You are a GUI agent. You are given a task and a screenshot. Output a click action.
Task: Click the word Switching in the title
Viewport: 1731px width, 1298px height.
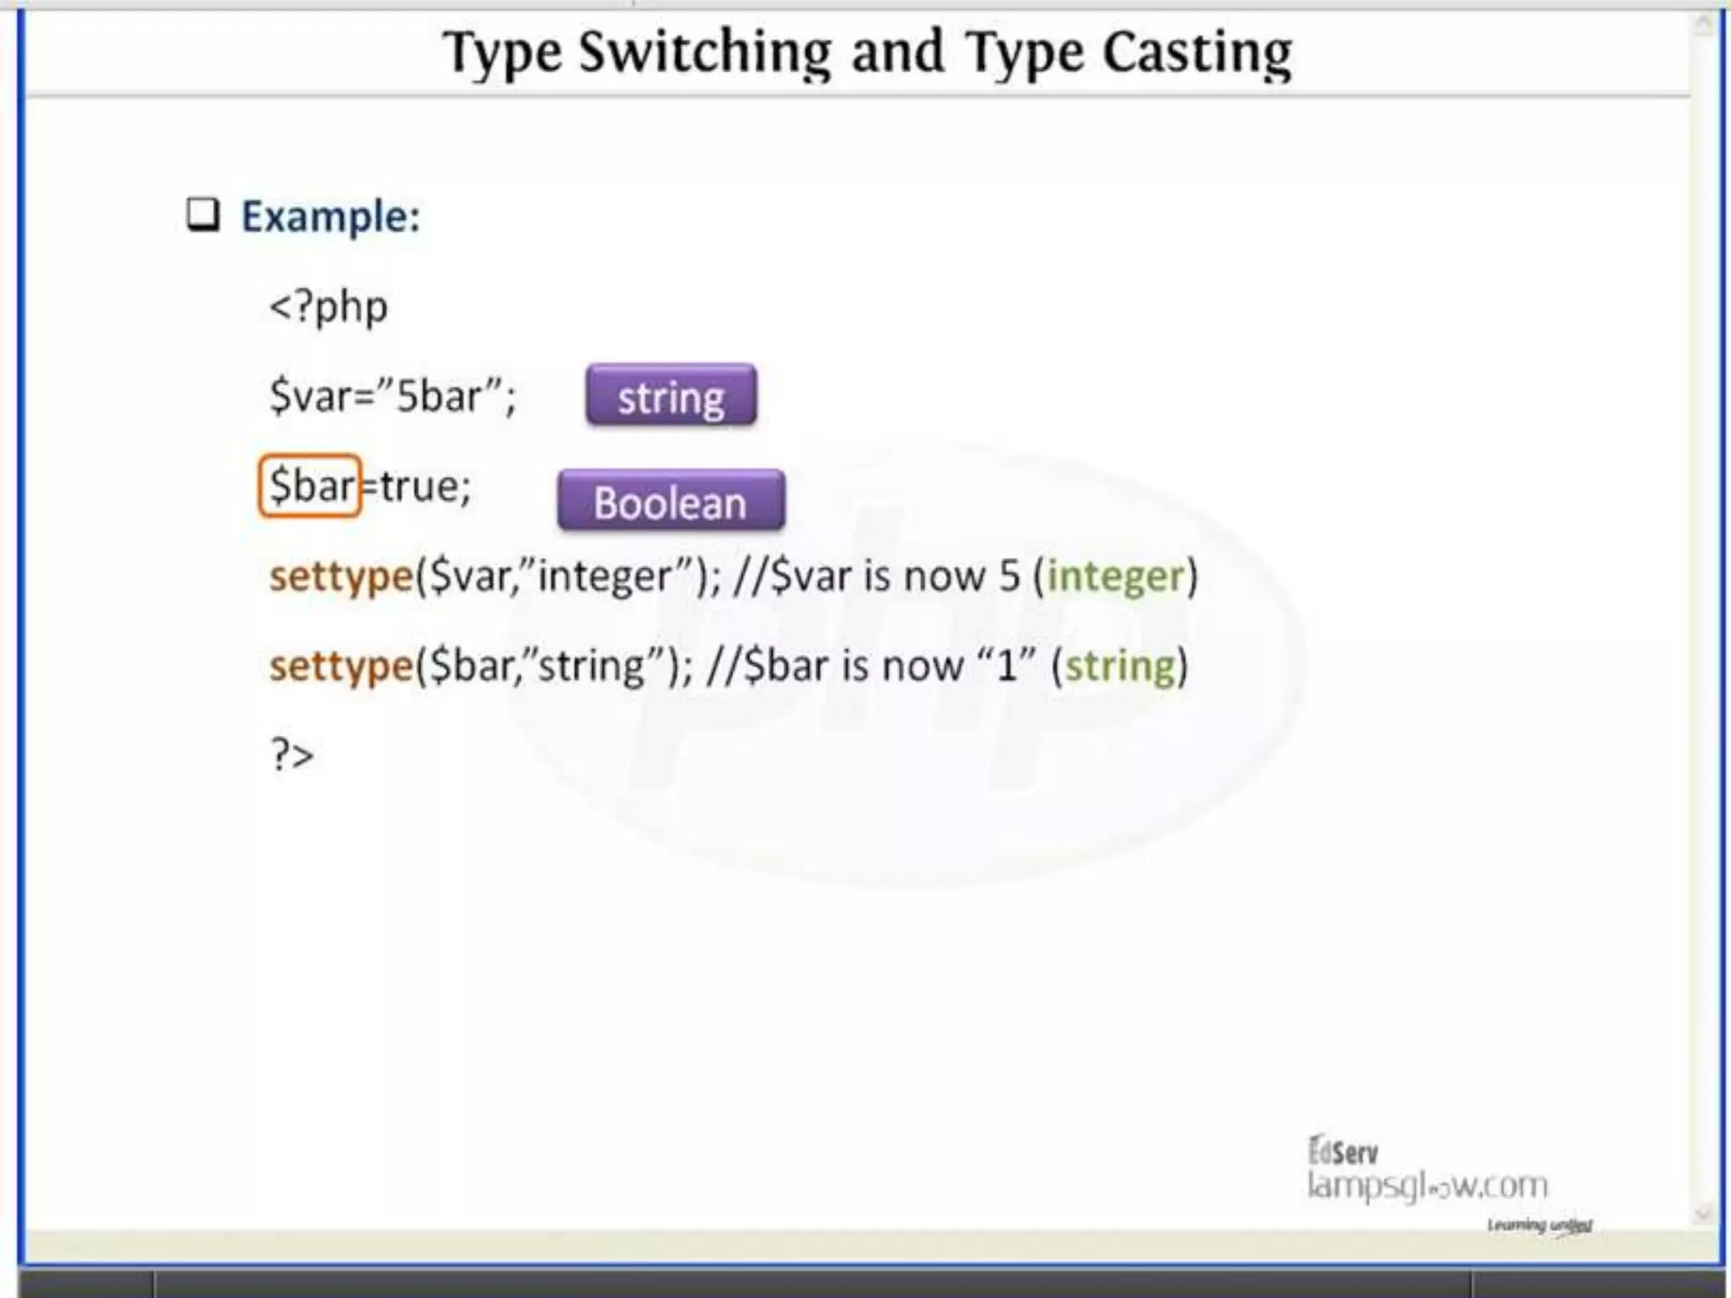click(705, 52)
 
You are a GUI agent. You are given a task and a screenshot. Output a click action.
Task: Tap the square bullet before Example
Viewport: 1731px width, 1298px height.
click(203, 215)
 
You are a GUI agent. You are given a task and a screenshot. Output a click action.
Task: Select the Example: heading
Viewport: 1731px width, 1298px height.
click(330, 216)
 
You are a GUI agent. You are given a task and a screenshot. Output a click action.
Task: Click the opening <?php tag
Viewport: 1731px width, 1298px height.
click(328, 307)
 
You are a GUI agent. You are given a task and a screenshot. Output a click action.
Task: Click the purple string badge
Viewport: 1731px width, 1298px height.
click(671, 395)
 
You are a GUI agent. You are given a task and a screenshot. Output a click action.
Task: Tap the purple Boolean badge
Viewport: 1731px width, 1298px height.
click(671, 501)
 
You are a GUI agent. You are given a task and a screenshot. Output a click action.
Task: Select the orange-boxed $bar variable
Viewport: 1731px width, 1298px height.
click(310, 486)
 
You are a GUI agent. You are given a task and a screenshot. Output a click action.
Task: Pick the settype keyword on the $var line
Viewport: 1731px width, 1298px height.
click(341, 576)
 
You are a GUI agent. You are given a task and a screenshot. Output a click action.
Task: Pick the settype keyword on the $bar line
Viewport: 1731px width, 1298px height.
click(341, 666)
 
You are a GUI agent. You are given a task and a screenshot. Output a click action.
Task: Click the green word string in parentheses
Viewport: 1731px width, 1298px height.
click(1120, 666)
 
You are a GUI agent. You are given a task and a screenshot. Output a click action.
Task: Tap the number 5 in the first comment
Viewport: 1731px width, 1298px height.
click(1009, 576)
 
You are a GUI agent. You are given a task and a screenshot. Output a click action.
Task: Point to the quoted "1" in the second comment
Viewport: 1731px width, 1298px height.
click(1006, 664)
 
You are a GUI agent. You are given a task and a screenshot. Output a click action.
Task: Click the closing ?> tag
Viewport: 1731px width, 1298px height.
click(292, 754)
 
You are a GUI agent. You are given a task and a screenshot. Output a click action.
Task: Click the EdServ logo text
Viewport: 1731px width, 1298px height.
click(1343, 1151)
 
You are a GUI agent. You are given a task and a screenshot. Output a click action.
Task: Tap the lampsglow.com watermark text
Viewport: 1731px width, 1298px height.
click(1427, 1185)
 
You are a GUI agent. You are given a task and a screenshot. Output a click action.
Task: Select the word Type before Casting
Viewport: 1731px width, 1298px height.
click(1024, 52)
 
